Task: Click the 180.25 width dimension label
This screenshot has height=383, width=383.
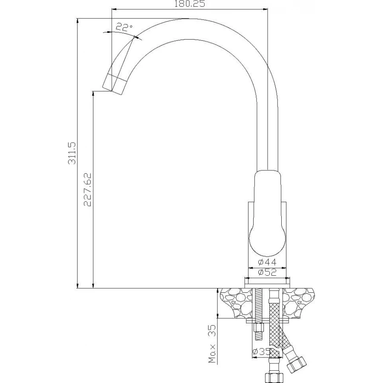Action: click(x=190, y=4)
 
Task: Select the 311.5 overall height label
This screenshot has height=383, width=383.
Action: click(x=72, y=153)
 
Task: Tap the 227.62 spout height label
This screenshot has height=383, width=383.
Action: click(x=87, y=189)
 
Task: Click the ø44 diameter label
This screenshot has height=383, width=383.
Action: click(x=267, y=262)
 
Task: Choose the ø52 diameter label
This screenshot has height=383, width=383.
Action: click(x=267, y=272)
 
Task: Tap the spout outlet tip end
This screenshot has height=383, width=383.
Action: click(x=112, y=91)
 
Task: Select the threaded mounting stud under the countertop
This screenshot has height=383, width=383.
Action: click(x=258, y=314)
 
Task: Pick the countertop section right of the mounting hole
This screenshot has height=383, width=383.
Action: click(x=299, y=303)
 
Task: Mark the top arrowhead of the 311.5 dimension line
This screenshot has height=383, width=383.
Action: click(x=77, y=21)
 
